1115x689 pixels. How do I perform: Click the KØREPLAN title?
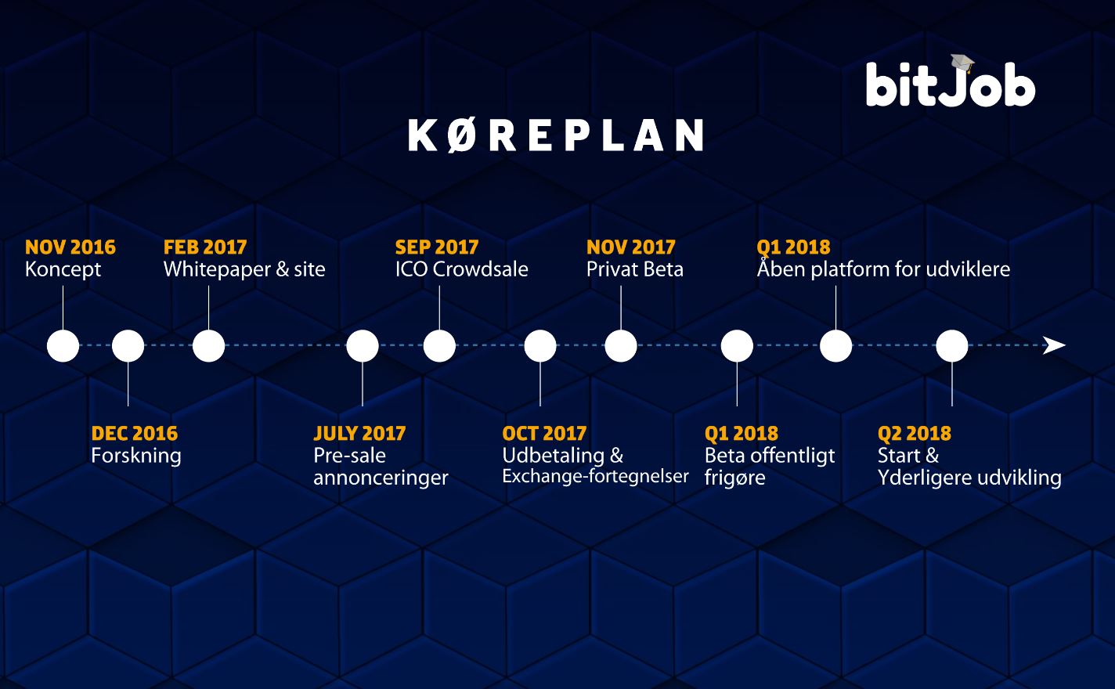(x=555, y=135)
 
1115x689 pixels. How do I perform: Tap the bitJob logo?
(x=951, y=81)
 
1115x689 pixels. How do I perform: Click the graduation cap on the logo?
(x=962, y=63)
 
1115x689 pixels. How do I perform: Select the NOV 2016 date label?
(x=70, y=247)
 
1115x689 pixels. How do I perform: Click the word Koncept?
(x=63, y=270)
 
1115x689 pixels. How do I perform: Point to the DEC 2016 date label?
(x=135, y=433)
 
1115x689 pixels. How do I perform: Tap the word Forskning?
(x=136, y=456)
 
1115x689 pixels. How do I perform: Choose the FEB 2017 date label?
(x=205, y=247)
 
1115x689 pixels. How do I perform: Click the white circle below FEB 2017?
(x=208, y=345)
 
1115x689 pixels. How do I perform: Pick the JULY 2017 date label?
(x=359, y=433)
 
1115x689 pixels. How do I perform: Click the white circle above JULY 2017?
(x=363, y=345)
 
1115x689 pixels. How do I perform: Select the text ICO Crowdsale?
(x=461, y=269)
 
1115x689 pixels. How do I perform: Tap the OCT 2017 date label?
(x=544, y=433)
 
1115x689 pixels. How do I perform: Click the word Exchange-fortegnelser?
(x=595, y=476)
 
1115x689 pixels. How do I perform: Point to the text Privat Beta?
(x=635, y=269)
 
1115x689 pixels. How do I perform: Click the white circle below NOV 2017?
(x=621, y=345)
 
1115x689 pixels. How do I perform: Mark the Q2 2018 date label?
(x=915, y=434)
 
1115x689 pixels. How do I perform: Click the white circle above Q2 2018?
(x=952, y=345)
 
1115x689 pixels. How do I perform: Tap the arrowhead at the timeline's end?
(x=1054, y=345)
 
